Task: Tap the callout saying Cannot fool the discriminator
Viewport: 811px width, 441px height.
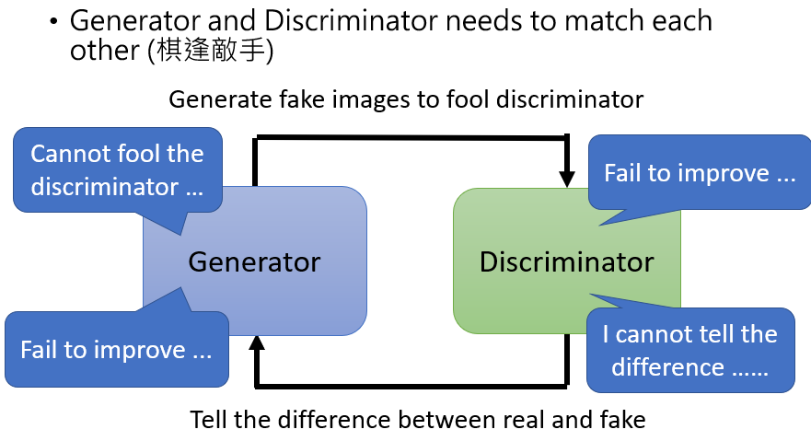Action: tap(117, 169)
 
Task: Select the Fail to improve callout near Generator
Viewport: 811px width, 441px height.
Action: tap(116, 350)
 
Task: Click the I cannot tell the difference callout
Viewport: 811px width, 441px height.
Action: tap(689, 350)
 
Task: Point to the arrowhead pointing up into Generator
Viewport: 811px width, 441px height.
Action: tap(258, 343)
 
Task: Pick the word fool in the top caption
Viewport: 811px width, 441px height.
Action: tap(479, 99)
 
